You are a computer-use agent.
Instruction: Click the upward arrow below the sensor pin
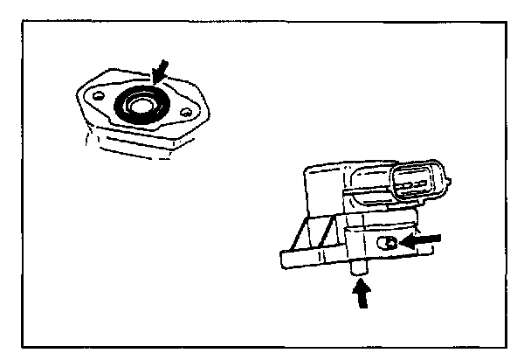pos(360,296)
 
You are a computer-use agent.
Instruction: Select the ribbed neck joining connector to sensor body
pos(371,189)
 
